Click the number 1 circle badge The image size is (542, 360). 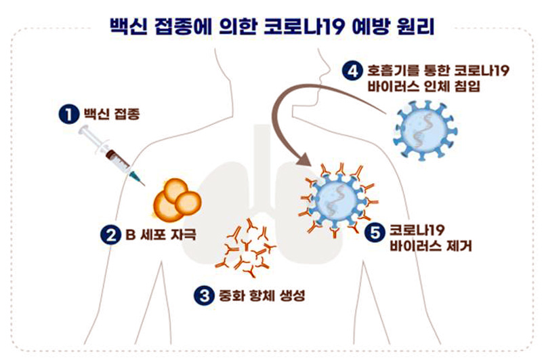66,113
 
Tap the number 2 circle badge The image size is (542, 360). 109,236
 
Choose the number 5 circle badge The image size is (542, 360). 371,232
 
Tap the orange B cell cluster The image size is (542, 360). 177,199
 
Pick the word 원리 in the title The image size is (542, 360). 413,26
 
